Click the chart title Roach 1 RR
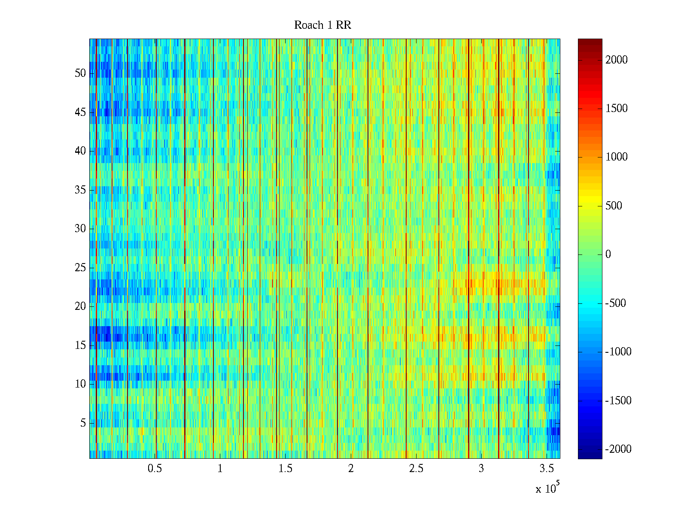click(322, 25)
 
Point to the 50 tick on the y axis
click(80, 73)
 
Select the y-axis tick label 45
click(80, 112)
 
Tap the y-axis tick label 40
click(80, 151)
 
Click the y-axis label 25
click(80, 268)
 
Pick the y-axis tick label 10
click(80, 384)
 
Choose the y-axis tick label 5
click(83, 423)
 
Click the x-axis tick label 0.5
click(155, 469)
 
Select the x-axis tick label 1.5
click(285, 469)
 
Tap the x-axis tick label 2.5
click(416, 469)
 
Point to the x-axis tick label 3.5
click(546, 469)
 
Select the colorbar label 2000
click(617, 60)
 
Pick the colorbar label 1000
click(617, 157)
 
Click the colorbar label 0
click(608, 254)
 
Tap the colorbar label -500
click(615, 303)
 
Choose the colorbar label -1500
click(618, 401)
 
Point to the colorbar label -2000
click(618, 449)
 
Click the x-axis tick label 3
click(481, 469)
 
